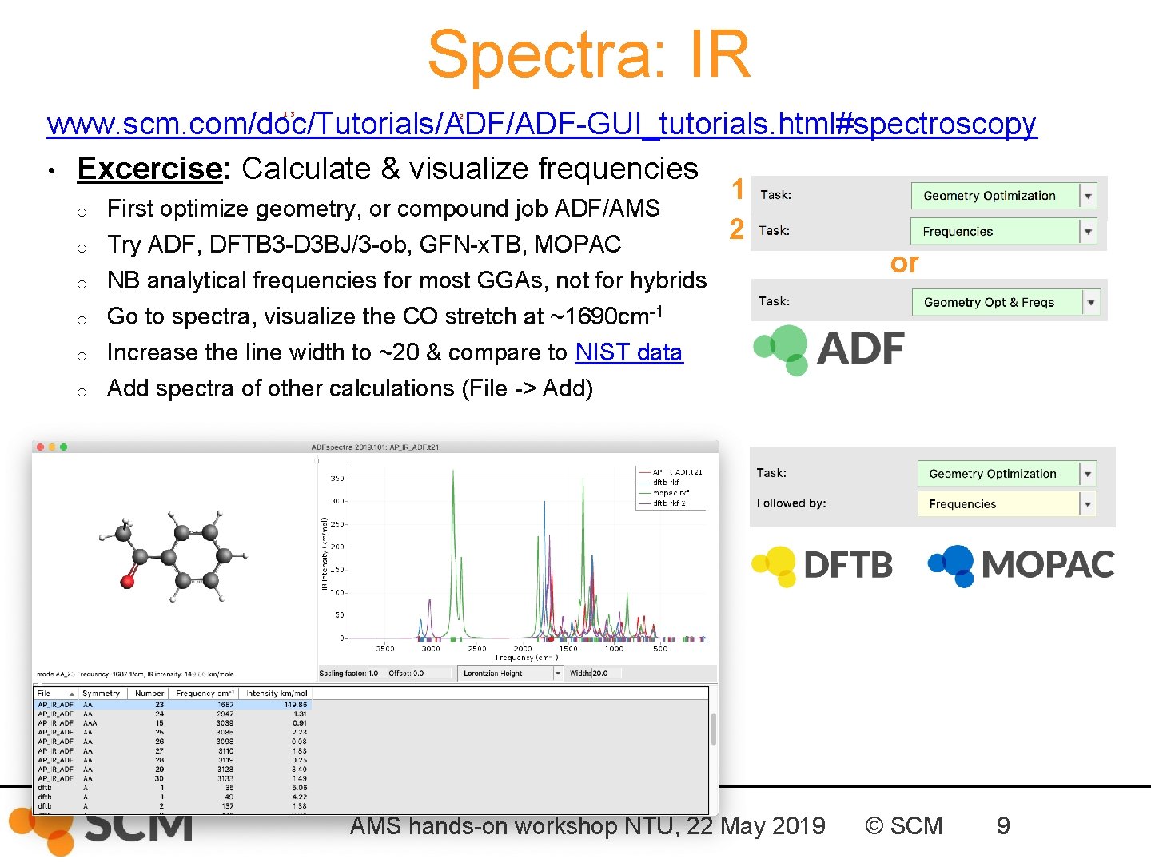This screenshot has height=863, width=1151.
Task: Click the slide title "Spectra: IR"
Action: coord(589,54)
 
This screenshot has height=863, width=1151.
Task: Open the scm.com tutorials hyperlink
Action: coord(541,124)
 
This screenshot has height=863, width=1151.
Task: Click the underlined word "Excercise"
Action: coord(149,169)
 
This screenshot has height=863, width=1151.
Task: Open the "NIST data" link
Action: coord(628,352)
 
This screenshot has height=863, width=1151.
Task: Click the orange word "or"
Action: coord(904,263)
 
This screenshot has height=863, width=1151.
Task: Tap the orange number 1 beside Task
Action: coord(738,190)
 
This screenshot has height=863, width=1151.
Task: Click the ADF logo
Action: coord(829,349)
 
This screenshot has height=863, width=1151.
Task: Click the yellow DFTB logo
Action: coord(822,565)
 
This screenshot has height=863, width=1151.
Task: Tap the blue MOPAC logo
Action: coord(1021,564)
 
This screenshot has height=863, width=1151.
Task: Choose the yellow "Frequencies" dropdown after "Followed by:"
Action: coord(1005,504)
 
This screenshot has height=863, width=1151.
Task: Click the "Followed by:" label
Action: coord(791,503)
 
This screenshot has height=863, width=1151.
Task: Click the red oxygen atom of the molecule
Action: coord(127,581)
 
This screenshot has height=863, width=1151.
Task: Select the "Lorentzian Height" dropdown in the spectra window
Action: coord(510,674)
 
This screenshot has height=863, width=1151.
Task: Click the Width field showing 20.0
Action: coord(604,674)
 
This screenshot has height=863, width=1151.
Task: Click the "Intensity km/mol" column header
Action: coord(277,694)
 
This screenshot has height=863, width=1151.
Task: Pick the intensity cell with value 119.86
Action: coord(295,705)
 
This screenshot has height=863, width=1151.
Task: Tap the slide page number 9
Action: coord(1002,826)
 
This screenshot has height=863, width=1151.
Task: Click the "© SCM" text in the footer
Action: coord(904,826)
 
